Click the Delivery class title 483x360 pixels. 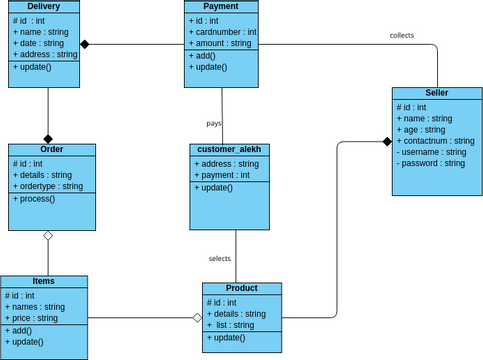tap(44, 7)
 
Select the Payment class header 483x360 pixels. tap(221, 7)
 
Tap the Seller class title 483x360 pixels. tap(436, 92)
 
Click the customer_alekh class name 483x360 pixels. tap(230, 149)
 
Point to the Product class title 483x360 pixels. tap(241, 288)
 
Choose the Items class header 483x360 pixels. tap(44, 282)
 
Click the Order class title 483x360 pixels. tap(52, 149)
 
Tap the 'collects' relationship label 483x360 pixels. tap(401, 35)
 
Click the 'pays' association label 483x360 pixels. tap(214, 123)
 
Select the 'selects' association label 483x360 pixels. tap(219, 258)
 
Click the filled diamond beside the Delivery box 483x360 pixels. tap(86, 44)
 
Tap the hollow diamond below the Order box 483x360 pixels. tap(47, 236)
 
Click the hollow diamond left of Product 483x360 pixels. tap(196, 318)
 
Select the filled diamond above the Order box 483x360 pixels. tap(47, 138)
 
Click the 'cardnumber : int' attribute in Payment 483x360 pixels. tap(223, 32)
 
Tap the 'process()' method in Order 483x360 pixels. tap(35, 199)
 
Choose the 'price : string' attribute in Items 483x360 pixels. tap(35, 318)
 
